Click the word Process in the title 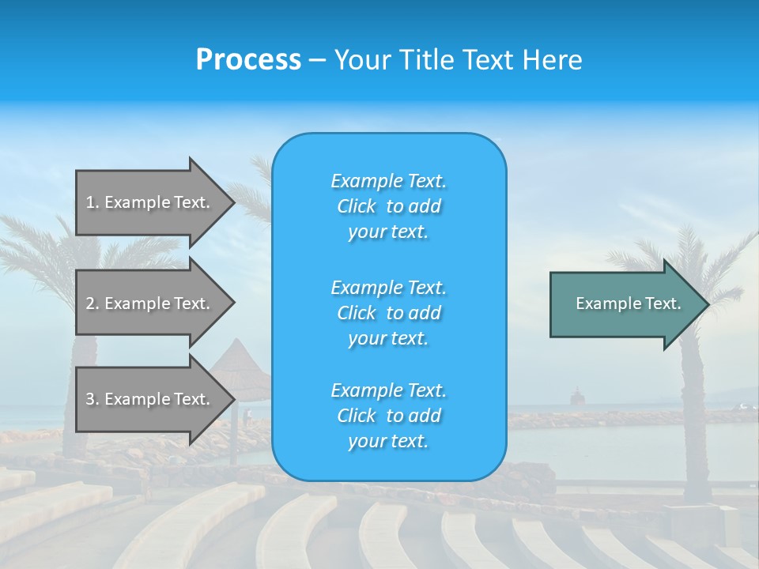pos(248,60)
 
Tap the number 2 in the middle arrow pos(90,303)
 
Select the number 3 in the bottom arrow pos(90,399)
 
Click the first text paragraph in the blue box pos(388,206)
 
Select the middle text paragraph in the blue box pos(388,313)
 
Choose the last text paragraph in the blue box pos(388,416)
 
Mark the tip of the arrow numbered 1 pos(233,202)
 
